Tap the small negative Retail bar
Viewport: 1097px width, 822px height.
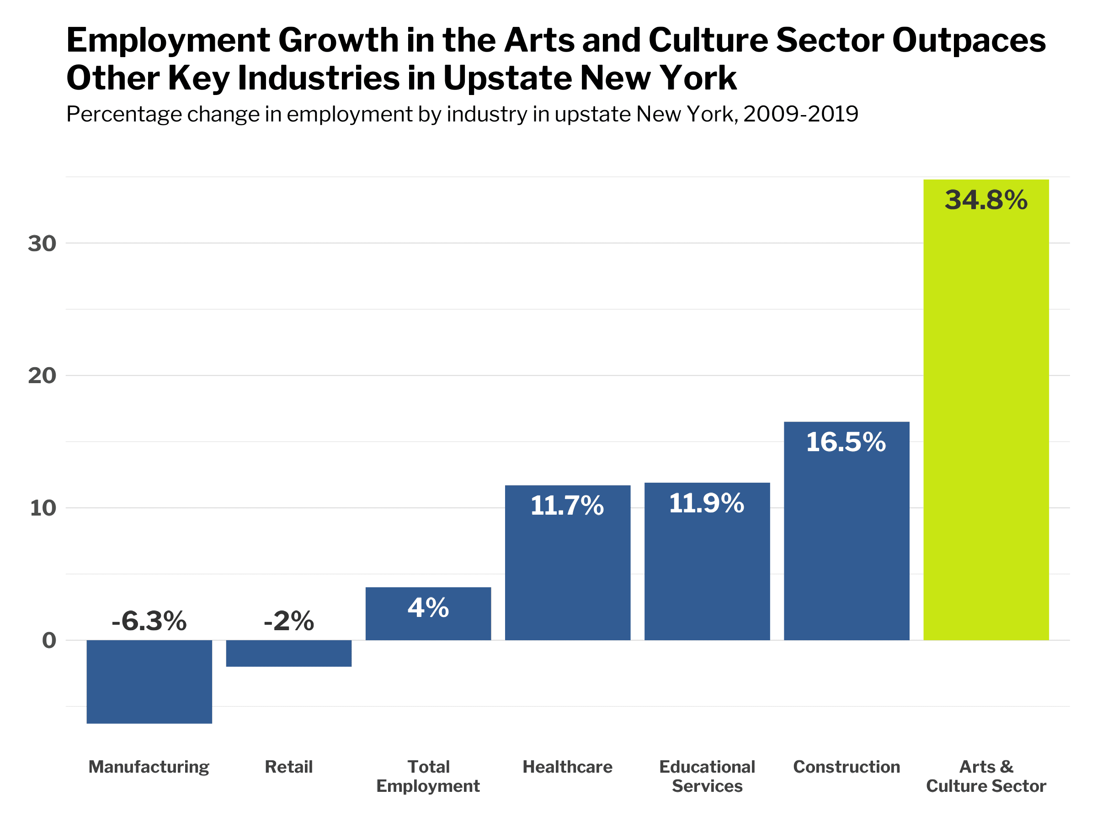click(x=288, y=653)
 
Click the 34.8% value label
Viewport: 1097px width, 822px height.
click(x=985, y=200)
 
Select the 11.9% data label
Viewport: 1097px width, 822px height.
click(x=706, y=503)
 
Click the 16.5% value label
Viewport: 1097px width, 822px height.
click(x=846, y=442)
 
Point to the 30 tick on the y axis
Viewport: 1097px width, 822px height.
click(x=42, y=243)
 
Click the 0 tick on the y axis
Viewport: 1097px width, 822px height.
click(x=49, y=641)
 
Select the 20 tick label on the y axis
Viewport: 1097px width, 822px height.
click(x=42, y=375)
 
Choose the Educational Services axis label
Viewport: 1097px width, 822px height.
click(x=707, y=776)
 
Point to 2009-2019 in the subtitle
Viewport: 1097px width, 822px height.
click(x=800, y=115)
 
